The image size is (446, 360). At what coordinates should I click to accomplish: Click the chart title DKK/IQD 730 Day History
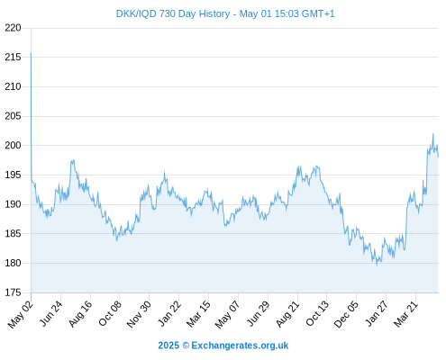pos(173,13)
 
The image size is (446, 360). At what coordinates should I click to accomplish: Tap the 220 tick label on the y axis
pos(13,28)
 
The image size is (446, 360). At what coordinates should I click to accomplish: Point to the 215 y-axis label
pos(13,57)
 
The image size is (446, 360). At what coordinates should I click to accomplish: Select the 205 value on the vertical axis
pos(13,116)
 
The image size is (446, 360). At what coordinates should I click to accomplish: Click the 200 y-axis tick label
pos(13,146)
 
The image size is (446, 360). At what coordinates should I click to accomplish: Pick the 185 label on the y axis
pos(13,234)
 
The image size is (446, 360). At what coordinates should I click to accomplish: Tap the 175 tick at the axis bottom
pos(13,292)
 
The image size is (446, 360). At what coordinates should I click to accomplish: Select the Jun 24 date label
pos(50,313)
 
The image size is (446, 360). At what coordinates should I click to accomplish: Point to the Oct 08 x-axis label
pos(110,313)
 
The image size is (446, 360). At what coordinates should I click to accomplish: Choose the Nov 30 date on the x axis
pos(139,314)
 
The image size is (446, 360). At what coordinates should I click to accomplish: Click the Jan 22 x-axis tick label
pos(169,313)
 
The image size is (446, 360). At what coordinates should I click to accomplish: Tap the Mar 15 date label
pos(198,313)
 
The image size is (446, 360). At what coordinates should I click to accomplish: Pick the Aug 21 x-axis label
pos(287,313)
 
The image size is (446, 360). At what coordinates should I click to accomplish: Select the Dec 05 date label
pos(346,314)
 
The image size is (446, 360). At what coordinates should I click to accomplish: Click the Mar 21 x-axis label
pos(405,313)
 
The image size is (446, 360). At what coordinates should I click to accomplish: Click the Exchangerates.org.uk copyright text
pos(223,346)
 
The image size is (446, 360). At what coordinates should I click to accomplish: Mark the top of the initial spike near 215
pos(31,53)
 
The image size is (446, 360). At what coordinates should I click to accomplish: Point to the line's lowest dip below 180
pos(377,265)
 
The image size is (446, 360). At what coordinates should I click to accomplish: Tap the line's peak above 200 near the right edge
pos(433,134)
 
